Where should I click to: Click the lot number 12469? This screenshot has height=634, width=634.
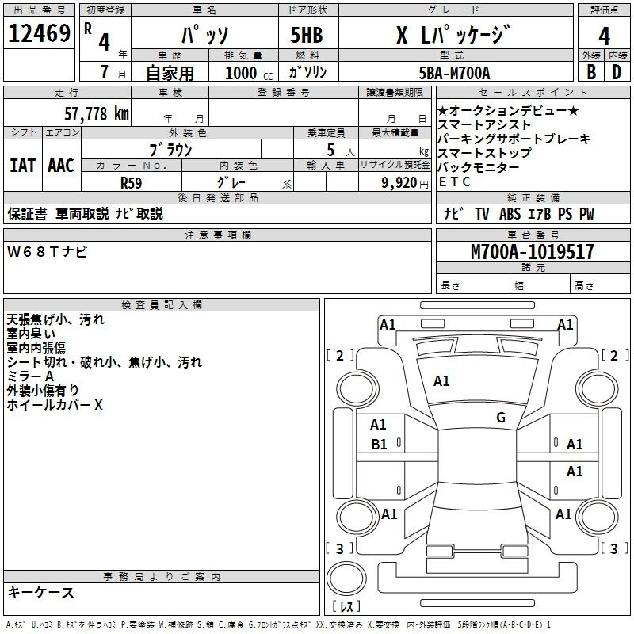coord(39,33)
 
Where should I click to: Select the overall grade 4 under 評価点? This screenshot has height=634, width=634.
coord(604,36)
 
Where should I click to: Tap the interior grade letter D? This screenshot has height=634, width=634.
coord(617,72)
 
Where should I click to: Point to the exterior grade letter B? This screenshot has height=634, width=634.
coord(591,72)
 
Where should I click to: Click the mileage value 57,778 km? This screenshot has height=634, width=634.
coord(97,114)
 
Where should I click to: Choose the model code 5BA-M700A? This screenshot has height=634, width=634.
coord(454,73)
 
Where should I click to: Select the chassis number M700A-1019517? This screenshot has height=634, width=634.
coord(533,252)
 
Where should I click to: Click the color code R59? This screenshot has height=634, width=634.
coord(131,183)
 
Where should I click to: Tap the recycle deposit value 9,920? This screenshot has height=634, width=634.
coord(399,183)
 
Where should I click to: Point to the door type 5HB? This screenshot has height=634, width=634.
coord(307,35)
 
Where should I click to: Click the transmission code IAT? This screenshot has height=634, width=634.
coord(22,166)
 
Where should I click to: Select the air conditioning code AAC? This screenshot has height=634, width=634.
coord(61,166)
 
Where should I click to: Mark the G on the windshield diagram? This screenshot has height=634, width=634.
coord(501,418)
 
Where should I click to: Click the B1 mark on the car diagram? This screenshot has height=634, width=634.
coord(379,445)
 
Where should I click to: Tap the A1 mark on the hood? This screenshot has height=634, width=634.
coord(441,381)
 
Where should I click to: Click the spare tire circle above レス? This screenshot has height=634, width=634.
coord(346,579)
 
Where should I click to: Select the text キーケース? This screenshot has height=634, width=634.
coord(40,593)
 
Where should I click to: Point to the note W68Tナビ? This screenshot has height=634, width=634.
coord(47,251)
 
